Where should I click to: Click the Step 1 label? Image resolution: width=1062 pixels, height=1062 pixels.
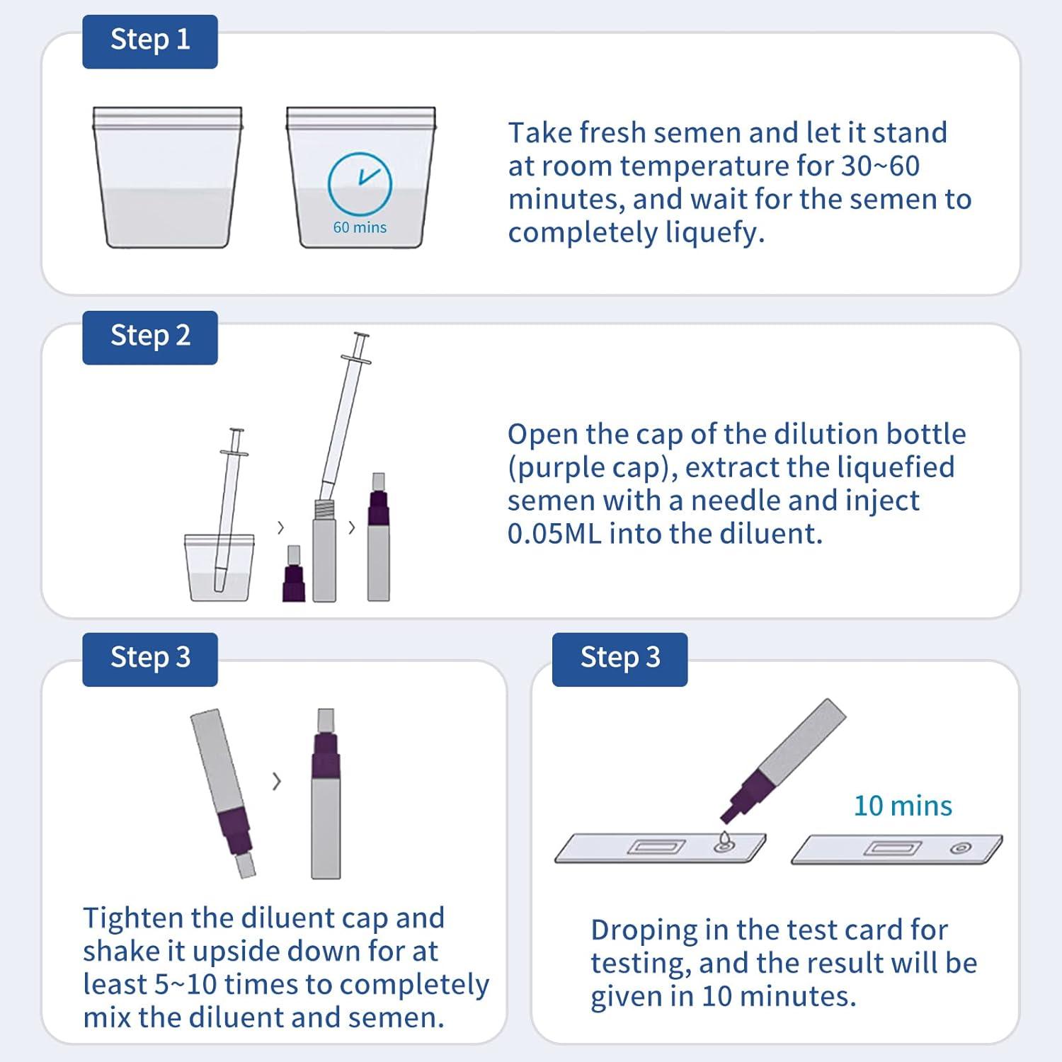150,41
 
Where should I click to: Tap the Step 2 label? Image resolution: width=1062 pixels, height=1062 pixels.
150,337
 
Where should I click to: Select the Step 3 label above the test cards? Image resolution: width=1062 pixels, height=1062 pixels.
619,658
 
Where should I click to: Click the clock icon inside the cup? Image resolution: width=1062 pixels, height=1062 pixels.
360,183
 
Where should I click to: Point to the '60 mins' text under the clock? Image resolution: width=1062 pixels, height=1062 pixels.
360,228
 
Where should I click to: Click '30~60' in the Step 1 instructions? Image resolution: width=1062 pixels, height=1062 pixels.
880,166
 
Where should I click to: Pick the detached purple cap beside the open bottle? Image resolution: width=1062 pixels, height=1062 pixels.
293,575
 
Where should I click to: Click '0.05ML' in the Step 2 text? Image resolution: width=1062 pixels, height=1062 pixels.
554,534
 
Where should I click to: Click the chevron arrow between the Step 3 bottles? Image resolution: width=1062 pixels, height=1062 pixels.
277,782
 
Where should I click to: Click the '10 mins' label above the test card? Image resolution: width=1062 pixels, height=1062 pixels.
903,806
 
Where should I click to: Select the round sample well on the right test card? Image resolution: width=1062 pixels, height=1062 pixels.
961,848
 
